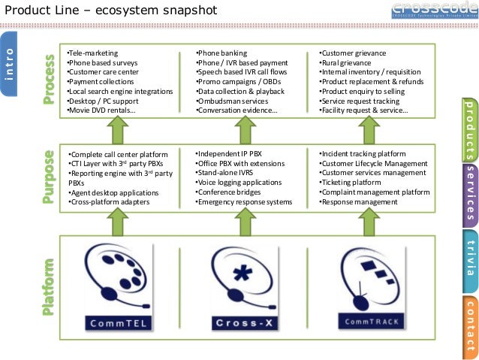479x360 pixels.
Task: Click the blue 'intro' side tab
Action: tap(11, 63)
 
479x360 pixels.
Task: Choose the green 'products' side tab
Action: tap(470, 129)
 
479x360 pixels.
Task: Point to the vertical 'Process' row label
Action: tap(50, 79)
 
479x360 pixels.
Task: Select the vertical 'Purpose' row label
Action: tap(50, 177)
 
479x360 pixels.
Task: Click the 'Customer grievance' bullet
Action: tap(352, 54)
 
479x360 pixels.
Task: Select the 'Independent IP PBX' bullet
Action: tap(228, 153)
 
